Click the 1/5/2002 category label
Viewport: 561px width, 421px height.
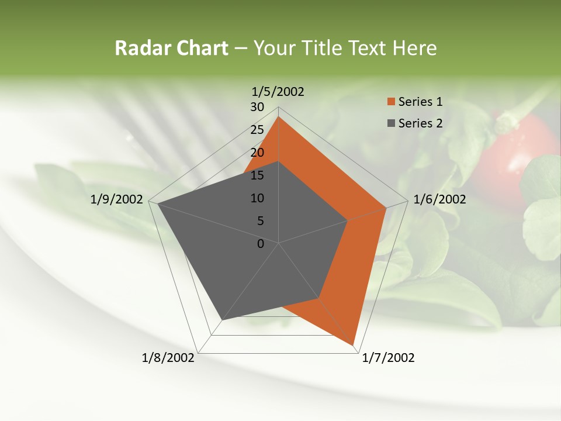(x=278, y=92)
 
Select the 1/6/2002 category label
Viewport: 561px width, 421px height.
(x=439, y=199)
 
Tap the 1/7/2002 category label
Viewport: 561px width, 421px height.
(x=388, y=358)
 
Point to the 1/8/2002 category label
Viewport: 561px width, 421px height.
(x=168, y=358)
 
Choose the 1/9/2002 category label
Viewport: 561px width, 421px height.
(x=116, y=199)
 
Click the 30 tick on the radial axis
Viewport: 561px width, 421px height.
(x=257, y=107)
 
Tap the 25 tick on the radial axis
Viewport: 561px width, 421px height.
(x=257, y=130)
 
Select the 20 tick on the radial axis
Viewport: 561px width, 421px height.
(x=257, y=153)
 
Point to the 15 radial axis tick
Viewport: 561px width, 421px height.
(x=257, y=175)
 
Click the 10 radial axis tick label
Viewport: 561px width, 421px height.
(x=257, y=198)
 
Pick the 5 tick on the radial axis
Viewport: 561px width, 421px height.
(x=260, y=221)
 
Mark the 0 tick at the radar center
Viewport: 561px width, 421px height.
(x=261, y=244)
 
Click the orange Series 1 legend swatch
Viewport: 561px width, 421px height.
(x=391, y=102)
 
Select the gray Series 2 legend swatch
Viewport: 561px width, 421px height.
(x=391, y=123)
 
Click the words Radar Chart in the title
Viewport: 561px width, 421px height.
(x=171, y=48)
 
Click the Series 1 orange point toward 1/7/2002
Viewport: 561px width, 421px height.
(x=353, y=344)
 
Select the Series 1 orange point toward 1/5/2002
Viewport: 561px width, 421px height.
(x=279, y=118)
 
